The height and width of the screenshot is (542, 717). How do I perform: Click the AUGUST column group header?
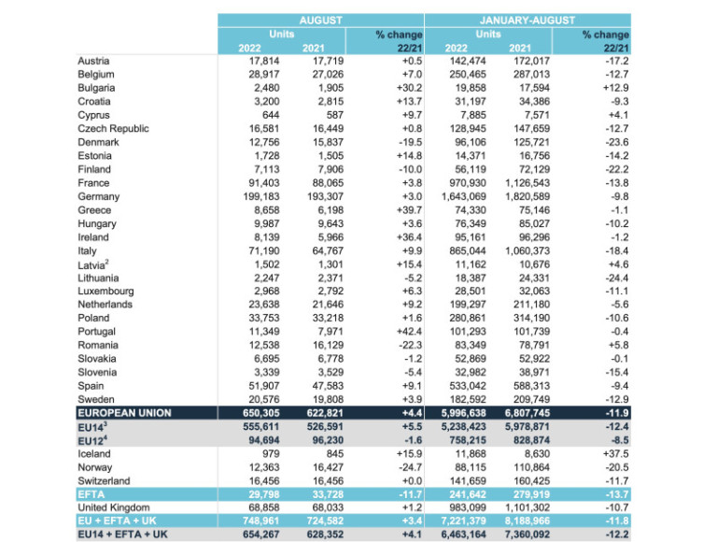pyautogui.click(x=320, y=20)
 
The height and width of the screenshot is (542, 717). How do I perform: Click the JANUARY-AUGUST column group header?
pyautogui.click(x=527, y=20)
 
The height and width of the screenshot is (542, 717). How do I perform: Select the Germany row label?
pyautogui.click(x=99, y=197)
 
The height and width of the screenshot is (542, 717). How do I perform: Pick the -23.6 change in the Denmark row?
pyautogui.click(x=612, y=143)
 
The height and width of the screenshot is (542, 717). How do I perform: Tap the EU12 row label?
pyautogui.click(x=91, y=440)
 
